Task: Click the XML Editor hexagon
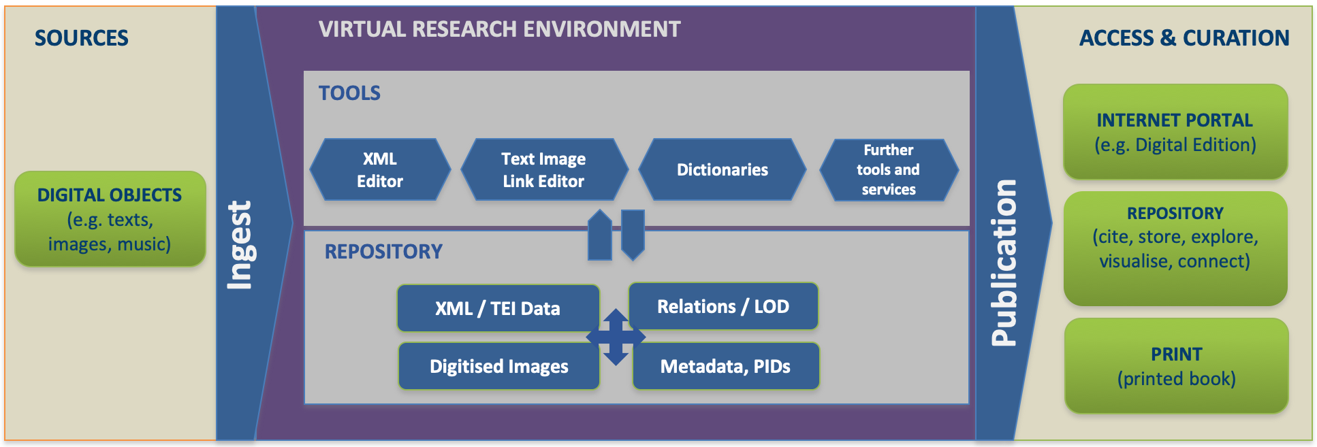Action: point(380,170)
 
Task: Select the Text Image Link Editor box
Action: point(543,170)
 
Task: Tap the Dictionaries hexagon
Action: point(722,170)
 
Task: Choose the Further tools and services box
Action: point(889,170)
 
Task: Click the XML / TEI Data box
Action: point(498,308)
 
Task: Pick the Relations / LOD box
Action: point(723,306)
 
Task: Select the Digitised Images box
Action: point(498,366)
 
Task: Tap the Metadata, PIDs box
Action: point(725,366)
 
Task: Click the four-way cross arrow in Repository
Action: point(616,337)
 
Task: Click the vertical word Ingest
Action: point(240,245)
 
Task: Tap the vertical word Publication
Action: point(1004,263)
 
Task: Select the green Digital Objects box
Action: point(110,219)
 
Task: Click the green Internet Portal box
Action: point(1175,132)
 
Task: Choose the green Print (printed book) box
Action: point(1176,366)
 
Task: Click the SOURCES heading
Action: point(82,38)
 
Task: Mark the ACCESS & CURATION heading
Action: point(1184,38)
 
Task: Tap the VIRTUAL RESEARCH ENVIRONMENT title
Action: point(499,29)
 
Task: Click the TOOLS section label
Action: point(349,93)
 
